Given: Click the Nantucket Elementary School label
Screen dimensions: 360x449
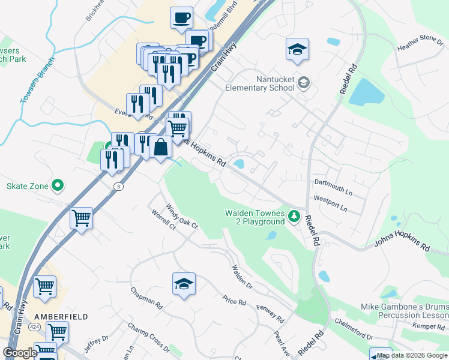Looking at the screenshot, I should pos(259,83).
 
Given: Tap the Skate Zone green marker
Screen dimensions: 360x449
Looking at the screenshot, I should pos(58,186).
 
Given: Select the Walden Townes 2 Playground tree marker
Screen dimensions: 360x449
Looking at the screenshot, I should pos(294,215).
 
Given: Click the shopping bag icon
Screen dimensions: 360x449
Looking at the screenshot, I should pos(161,147).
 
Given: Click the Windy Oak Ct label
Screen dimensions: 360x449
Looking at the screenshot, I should pos(182,216).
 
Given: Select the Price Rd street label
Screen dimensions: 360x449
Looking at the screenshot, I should pos(234,301).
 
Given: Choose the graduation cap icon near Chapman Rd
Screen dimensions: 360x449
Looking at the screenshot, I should pos(184,284).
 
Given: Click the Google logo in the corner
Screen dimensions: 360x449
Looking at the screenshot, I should pos(20,352).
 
